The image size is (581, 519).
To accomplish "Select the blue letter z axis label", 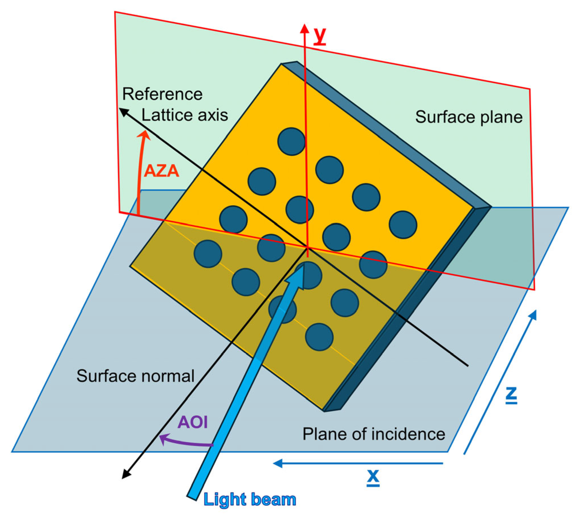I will [x=511, y=394].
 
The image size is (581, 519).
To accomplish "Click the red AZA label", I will [x=161, y=171].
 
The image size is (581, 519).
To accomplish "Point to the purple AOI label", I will [x=192, y=422].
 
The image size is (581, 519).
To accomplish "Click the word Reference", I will [x=162, y=94].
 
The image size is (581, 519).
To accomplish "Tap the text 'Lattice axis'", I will [x=185, y=115].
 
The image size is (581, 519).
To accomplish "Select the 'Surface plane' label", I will [x=469, y=117].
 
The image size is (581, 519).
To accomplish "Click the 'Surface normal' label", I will [x=135, y=376].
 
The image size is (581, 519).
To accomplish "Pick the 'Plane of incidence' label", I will [x=374, y=434].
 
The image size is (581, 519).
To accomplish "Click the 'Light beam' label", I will [x=250, y=500].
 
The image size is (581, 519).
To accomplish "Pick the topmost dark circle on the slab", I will [x=291, y=142].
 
